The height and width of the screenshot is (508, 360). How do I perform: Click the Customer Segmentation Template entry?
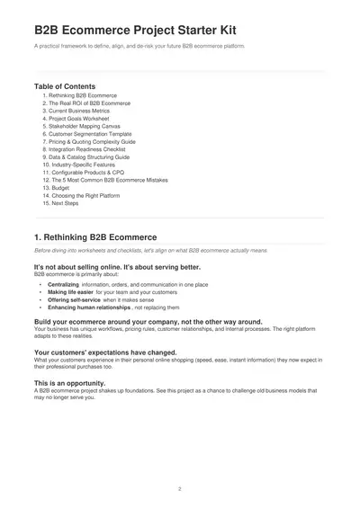88,134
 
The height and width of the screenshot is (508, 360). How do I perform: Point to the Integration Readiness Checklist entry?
87,149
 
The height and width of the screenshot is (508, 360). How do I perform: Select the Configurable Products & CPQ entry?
87,173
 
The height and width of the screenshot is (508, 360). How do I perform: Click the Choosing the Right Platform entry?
84,195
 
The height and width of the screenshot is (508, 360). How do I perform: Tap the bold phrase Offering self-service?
72,300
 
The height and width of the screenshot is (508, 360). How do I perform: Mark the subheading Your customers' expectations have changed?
105,352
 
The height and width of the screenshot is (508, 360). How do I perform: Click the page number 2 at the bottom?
180,489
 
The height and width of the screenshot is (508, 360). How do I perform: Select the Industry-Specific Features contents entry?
83,165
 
